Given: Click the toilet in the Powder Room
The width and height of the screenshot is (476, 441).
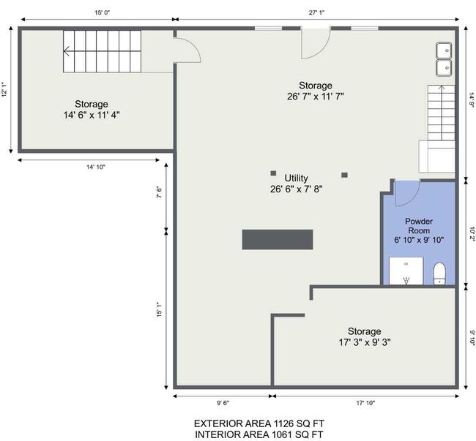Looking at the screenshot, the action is point(439,274).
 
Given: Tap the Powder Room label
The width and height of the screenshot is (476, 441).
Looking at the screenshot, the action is point(419,230).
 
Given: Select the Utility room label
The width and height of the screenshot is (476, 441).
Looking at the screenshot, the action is point(297,184).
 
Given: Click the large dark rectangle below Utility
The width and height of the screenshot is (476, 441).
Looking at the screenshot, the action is point(278,239).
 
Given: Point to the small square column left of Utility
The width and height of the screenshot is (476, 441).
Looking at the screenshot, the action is point(273,173).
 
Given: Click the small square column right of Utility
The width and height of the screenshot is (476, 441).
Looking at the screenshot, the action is point(345,175).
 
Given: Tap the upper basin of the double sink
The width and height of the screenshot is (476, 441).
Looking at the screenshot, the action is point(444,50).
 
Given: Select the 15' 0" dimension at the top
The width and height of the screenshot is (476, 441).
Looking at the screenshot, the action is point(102,12).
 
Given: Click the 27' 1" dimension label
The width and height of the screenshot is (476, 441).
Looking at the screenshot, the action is point(317,12).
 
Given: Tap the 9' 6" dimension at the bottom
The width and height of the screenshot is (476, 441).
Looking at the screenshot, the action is point(223,403).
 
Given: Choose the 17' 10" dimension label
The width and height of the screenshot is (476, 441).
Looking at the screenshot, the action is point(365,403).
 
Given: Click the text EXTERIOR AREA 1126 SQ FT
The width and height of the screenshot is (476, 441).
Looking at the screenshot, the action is point(259,423).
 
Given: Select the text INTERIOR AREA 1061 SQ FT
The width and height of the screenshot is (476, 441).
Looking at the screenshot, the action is point(259,434).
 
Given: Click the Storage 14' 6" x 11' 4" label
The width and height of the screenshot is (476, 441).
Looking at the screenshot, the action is point(92,110).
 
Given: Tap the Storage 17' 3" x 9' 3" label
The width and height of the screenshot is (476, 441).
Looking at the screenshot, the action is point(365,336).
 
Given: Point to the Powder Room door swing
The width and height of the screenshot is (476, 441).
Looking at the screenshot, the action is point(413,197).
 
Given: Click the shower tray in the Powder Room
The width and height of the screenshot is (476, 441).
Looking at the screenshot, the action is point(406,271).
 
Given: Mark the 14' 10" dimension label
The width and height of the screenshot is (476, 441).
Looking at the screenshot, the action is point(96,167).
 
